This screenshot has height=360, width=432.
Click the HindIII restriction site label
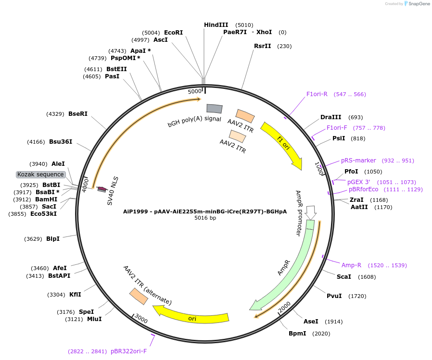pos(216,25)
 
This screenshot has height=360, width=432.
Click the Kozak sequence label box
pos(40,174)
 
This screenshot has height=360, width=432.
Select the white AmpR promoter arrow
pos(311,211)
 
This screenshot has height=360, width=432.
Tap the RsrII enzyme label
pos(263,46)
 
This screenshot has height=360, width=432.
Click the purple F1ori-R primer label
pos(317,94)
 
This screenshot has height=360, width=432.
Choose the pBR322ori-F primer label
pos(128,351)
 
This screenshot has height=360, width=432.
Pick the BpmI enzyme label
pos(297,334)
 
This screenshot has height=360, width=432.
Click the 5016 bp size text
pos(205,218)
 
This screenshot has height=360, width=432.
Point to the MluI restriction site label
pos(94,319)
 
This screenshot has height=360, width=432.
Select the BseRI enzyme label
pos(78,114)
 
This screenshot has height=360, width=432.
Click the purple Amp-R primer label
pos(351,265)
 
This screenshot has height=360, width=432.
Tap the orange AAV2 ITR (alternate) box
pos(139,296)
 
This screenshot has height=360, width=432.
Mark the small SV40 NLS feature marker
pos(102,189)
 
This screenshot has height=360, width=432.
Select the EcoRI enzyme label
pos(174,33)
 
